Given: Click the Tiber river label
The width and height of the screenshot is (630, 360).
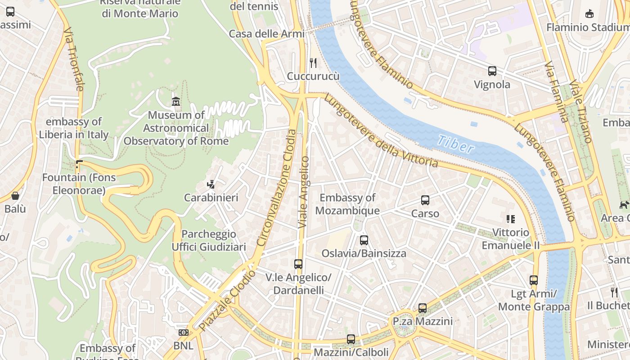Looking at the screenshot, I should tap(455, 144).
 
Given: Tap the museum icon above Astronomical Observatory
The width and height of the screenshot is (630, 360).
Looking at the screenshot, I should tap(176, 102).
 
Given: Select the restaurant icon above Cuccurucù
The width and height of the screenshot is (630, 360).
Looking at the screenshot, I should tap(313, 63).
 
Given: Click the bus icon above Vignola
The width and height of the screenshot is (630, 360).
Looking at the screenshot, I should tap(492, 71).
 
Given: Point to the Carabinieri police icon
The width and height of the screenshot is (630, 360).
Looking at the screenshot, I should tap(211, 184).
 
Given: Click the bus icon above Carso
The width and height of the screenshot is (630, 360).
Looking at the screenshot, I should tap(425, 200).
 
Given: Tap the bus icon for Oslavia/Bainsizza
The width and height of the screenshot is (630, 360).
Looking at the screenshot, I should tap(364, 240).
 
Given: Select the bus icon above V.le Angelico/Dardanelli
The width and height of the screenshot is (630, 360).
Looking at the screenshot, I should tap(298, 264).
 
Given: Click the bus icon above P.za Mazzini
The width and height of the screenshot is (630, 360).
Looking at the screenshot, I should tap(423, 308).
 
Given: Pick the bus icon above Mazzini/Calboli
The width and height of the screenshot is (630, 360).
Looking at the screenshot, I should tap(351, 339).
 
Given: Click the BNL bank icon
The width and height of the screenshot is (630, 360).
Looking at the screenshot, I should tap(183, 333).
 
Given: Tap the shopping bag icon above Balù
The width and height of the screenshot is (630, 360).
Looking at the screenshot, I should tap(15, 196).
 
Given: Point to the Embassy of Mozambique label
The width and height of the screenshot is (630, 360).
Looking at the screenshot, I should tap(347, 204).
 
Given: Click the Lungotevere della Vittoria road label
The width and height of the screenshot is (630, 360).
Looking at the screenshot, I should tap(381, 131).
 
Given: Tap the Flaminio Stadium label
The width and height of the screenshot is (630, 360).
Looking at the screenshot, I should tap(587, 27).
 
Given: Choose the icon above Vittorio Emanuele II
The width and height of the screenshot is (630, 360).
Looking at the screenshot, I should tap(510, 219).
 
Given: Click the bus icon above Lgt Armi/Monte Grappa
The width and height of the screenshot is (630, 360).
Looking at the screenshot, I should tap(534, 280).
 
